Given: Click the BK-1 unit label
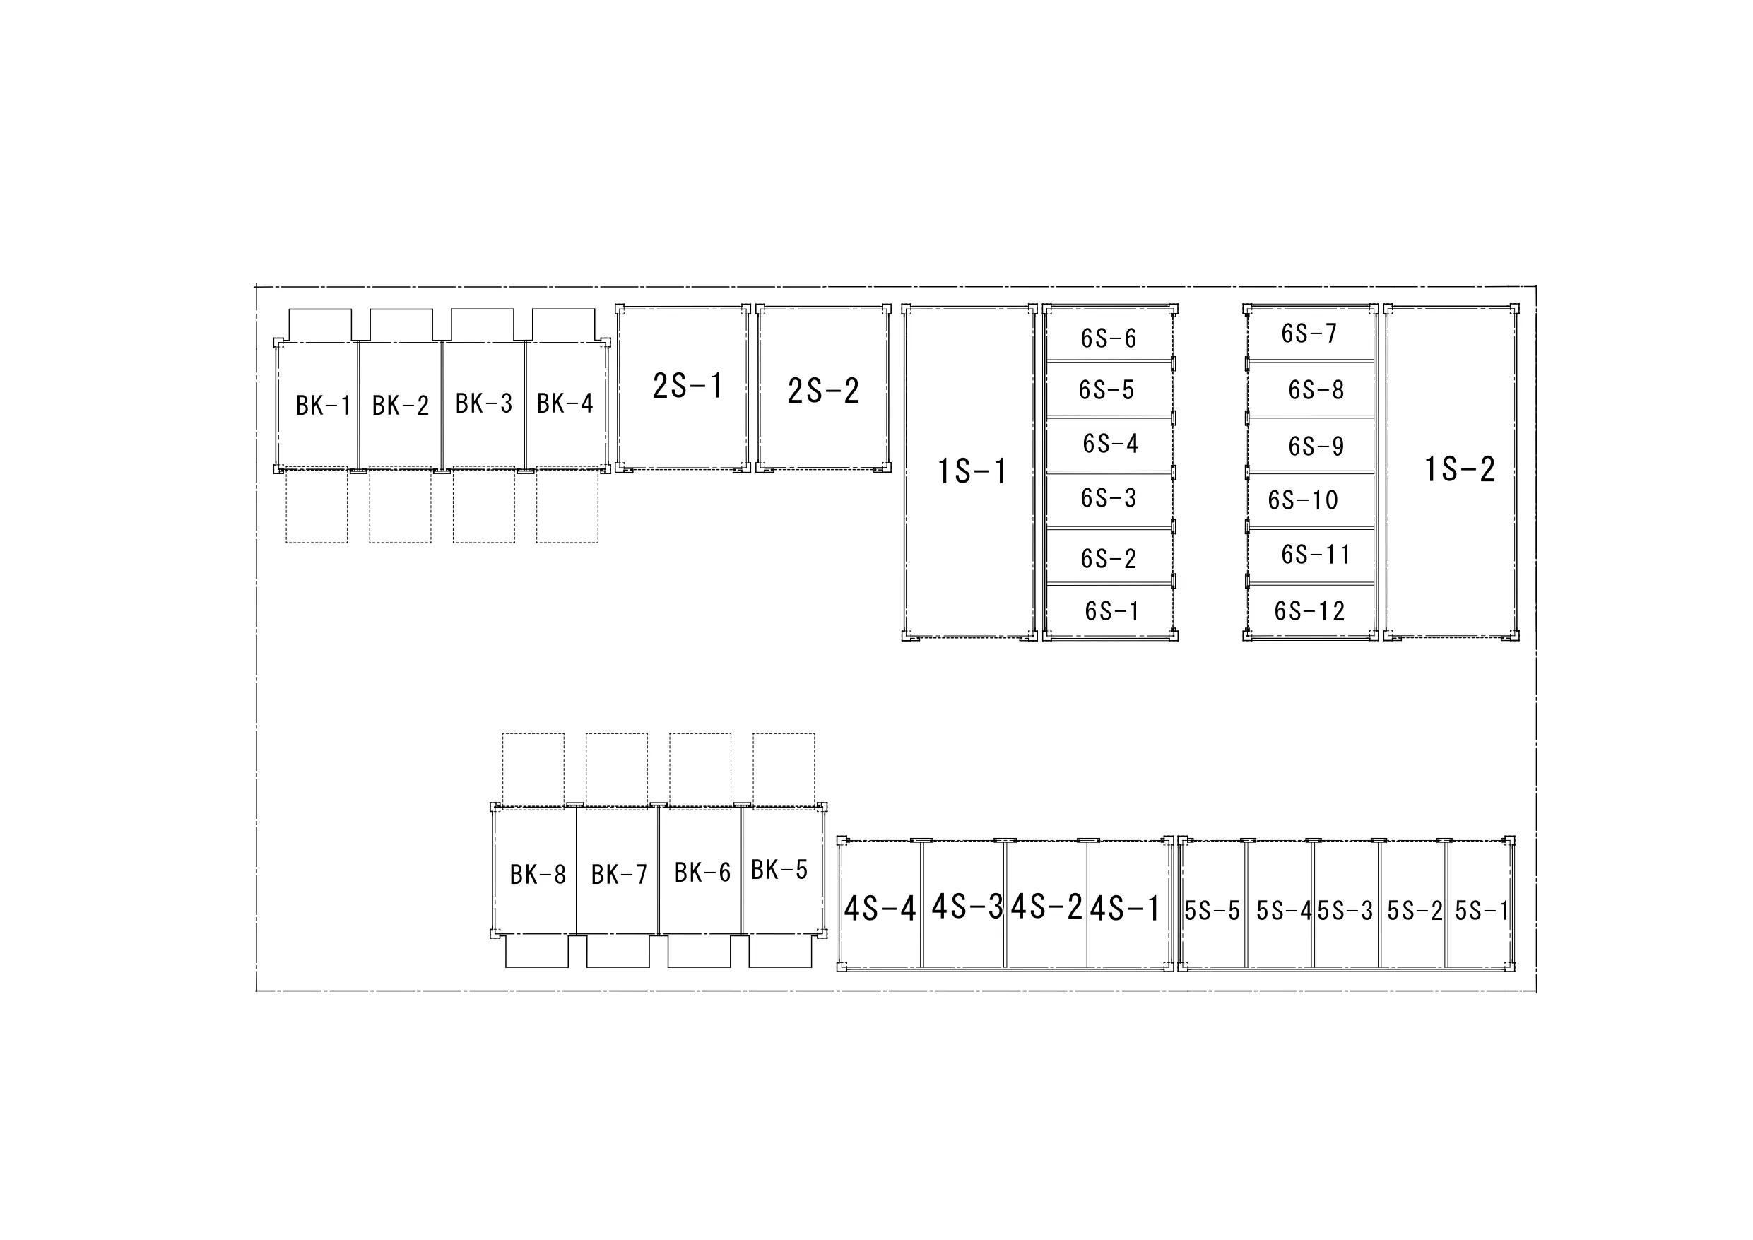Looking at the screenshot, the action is [323, 406].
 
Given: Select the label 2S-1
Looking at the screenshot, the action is [687, 386].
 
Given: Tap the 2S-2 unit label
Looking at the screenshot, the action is [823, 391].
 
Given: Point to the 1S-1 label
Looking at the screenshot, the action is [972, 471].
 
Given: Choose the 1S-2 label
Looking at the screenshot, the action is [1460, 469].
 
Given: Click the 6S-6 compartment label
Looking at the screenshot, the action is [1108, 338].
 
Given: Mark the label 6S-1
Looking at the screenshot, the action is [1111, 611].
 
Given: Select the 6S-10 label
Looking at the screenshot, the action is [1302, 500].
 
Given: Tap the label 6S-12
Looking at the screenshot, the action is [1309, 611].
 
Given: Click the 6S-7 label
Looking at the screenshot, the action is [1309, 333].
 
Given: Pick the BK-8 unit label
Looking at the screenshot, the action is [538, 874].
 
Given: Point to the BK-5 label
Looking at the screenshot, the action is [779, 870].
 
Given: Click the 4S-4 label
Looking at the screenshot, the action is [880, 909].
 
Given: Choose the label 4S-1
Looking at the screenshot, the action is [1125, 909].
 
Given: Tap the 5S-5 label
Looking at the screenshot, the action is [1212, 911].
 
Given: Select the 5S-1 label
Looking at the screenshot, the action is [1482, 911].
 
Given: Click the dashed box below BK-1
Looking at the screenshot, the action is [317, 505].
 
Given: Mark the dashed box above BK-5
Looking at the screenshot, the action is [784, 769].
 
